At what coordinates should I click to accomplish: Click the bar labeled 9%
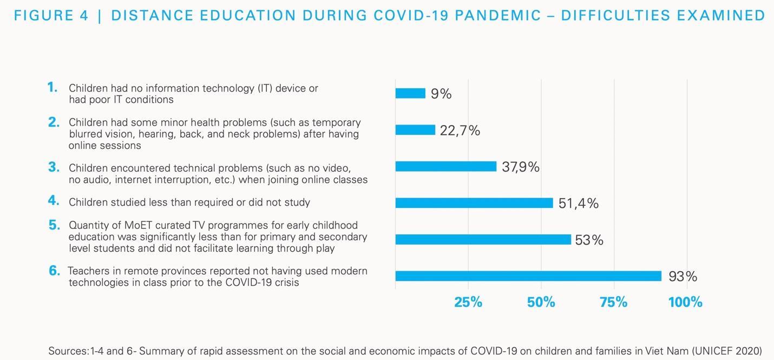pos(410,94)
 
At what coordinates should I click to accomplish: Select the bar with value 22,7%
pos(415,130)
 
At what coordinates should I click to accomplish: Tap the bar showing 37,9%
pos(445,167)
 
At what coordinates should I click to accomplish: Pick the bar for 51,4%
pos(474,203)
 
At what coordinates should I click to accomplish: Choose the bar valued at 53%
pos(483,240)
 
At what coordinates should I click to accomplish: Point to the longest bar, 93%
pos(528,276)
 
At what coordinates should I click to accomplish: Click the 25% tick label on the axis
pos(468,302)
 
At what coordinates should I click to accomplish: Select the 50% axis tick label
pos(541,302)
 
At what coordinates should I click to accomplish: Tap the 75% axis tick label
pos(614,302)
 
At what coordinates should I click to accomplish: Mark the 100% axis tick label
pos(685,302)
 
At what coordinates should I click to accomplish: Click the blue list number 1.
pos(53,87)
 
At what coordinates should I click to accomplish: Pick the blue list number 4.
pos(53,201)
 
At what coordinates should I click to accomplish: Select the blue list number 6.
pos(54,271)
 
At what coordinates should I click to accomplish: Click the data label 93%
pos(683,277)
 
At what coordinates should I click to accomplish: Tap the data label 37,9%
pos(520,167)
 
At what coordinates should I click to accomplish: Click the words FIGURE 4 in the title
pos(51,15)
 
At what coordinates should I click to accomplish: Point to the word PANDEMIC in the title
pos(498,15)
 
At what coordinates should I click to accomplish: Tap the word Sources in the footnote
pos(67,351)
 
